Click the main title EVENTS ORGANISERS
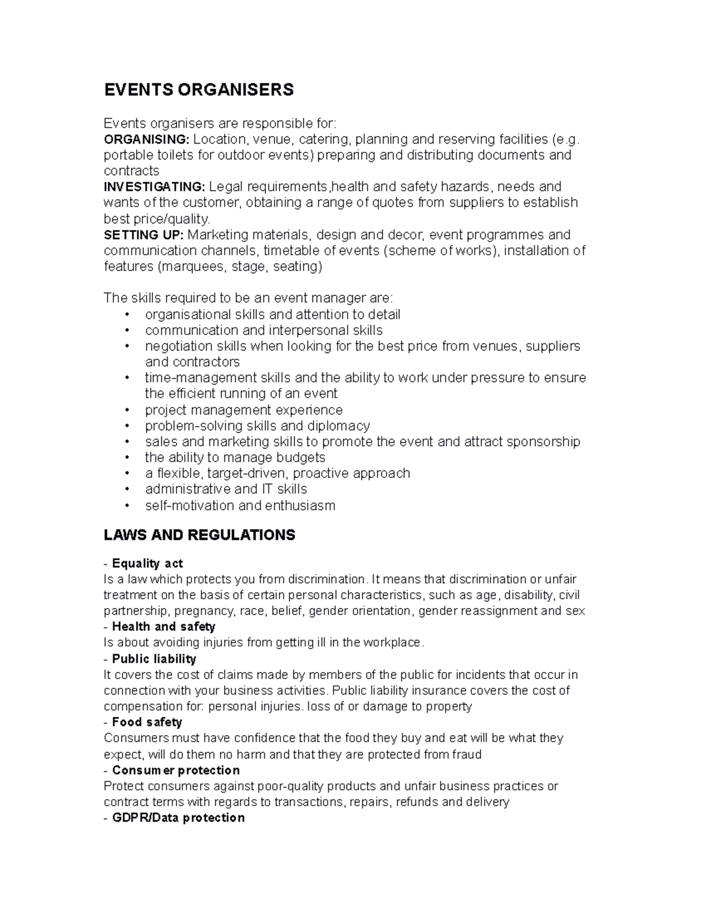pos(198,89)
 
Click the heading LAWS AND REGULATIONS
pos(199,535)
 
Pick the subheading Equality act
pos(147,563)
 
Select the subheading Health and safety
pos(163,626)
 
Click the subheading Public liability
pos(154,659)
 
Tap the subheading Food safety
pos(146,722)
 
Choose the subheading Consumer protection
pos(175,770)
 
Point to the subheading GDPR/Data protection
pos(178,817)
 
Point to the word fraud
pos(467,755)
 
